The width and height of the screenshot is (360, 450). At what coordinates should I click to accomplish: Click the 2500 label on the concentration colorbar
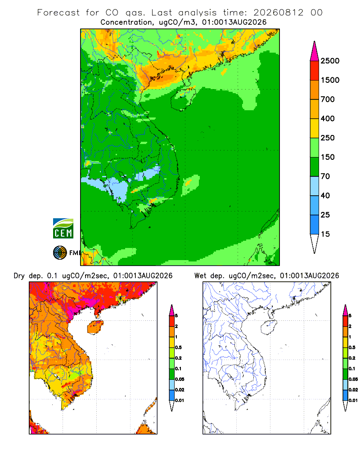(330, 61)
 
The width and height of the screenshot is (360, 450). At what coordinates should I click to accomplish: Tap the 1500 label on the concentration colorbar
(330, 80)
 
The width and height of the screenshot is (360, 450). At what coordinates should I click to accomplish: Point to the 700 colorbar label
(328, 99)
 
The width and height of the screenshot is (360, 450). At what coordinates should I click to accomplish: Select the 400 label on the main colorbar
(328, 118)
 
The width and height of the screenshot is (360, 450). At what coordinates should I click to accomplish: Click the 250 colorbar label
(328, 138)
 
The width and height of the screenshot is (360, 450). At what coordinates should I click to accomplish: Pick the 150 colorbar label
(328, 157)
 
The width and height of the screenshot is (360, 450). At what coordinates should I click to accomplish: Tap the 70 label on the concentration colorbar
(325, 176)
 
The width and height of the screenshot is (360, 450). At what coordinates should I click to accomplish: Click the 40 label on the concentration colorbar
(325, 195)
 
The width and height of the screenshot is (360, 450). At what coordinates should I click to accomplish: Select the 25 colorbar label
(325, 215)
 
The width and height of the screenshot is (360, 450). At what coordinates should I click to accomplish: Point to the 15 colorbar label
(325, 234)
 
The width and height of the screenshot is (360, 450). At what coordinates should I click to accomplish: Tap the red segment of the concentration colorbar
(315, 71)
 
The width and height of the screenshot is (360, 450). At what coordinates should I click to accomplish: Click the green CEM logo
(63, 229)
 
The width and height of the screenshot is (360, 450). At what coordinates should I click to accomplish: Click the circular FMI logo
(60, 253)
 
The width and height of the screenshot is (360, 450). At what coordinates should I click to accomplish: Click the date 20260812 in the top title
(278, 13)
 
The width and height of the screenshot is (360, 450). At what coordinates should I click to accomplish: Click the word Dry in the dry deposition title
(19, 276)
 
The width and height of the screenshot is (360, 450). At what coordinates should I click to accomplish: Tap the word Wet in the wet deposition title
(200, 276)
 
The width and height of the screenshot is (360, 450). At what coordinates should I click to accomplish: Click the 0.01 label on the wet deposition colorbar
(353, 400)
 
